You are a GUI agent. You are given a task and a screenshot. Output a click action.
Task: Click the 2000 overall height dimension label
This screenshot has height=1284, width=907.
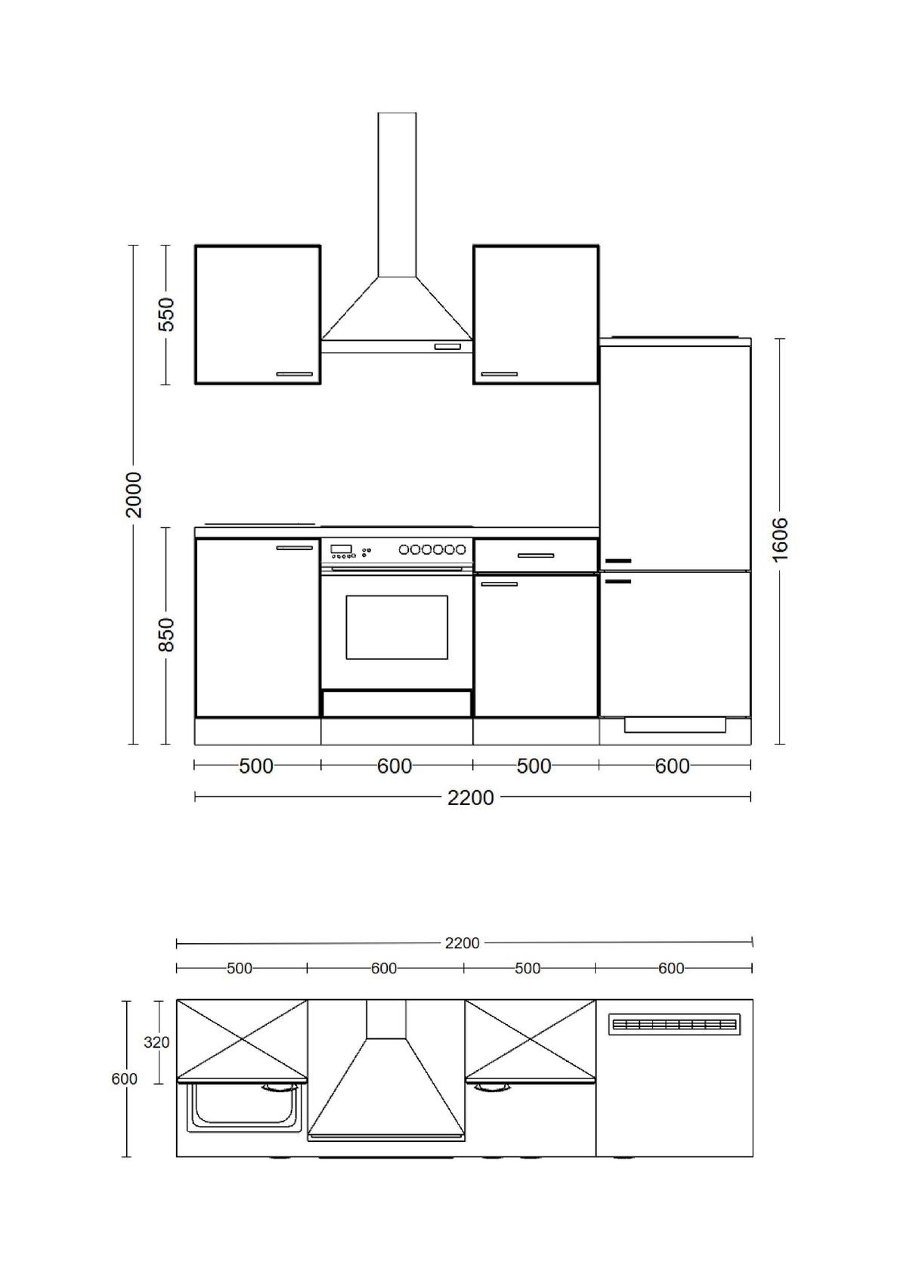coord(133,494)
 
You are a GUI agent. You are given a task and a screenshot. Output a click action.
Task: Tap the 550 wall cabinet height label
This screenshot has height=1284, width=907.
coord(166,314)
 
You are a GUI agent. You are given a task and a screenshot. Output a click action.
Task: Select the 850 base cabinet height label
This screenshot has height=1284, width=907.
coord(166,635)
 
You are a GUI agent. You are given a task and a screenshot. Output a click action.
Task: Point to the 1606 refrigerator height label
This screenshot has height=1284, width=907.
coord(780,539)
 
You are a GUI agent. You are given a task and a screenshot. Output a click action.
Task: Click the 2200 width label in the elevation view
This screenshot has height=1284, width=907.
coord(470,797)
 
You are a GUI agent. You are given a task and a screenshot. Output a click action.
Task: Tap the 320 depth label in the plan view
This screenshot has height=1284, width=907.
coord(156,1042)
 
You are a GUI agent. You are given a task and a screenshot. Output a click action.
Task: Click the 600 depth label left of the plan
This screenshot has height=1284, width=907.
coord(124,1079)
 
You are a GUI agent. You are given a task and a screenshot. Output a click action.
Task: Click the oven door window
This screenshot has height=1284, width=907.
coord(397,627)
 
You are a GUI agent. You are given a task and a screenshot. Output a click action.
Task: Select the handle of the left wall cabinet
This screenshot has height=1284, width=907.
coord(294,374)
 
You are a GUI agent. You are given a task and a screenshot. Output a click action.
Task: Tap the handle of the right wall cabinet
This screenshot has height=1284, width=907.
coord(500,374)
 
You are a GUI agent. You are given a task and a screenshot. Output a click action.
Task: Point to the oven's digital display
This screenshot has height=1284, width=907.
coord(341,549)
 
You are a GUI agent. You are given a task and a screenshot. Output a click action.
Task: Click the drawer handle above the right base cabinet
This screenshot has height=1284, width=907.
coord(536,556)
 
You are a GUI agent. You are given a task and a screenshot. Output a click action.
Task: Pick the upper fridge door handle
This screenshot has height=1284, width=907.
coord(618,562)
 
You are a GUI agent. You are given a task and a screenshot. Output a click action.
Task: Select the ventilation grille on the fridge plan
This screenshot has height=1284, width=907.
coord(674,1025)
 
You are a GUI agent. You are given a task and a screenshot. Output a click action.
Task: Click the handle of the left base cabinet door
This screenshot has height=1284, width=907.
coord(294,547)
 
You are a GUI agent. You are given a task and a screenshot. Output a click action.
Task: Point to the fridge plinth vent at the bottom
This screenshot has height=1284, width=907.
coord(675,726)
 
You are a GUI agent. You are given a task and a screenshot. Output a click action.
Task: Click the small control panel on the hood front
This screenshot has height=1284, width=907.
coord(447,347)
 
